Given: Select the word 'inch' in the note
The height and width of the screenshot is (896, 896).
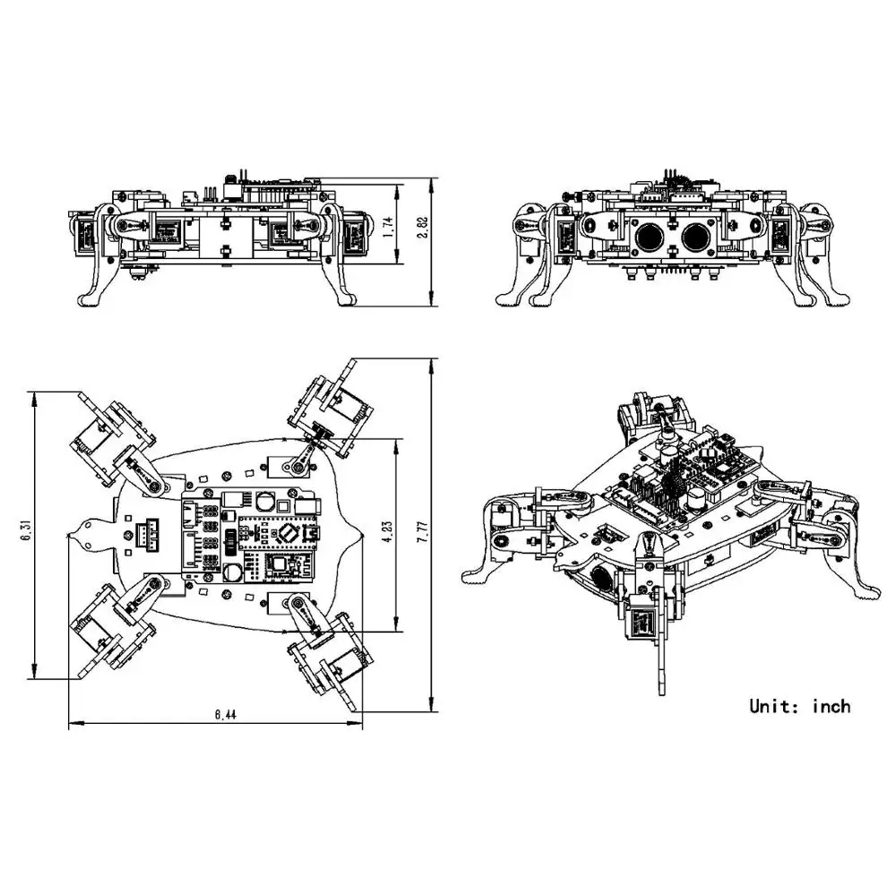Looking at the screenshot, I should pyautogui.click(x=831, y=706).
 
